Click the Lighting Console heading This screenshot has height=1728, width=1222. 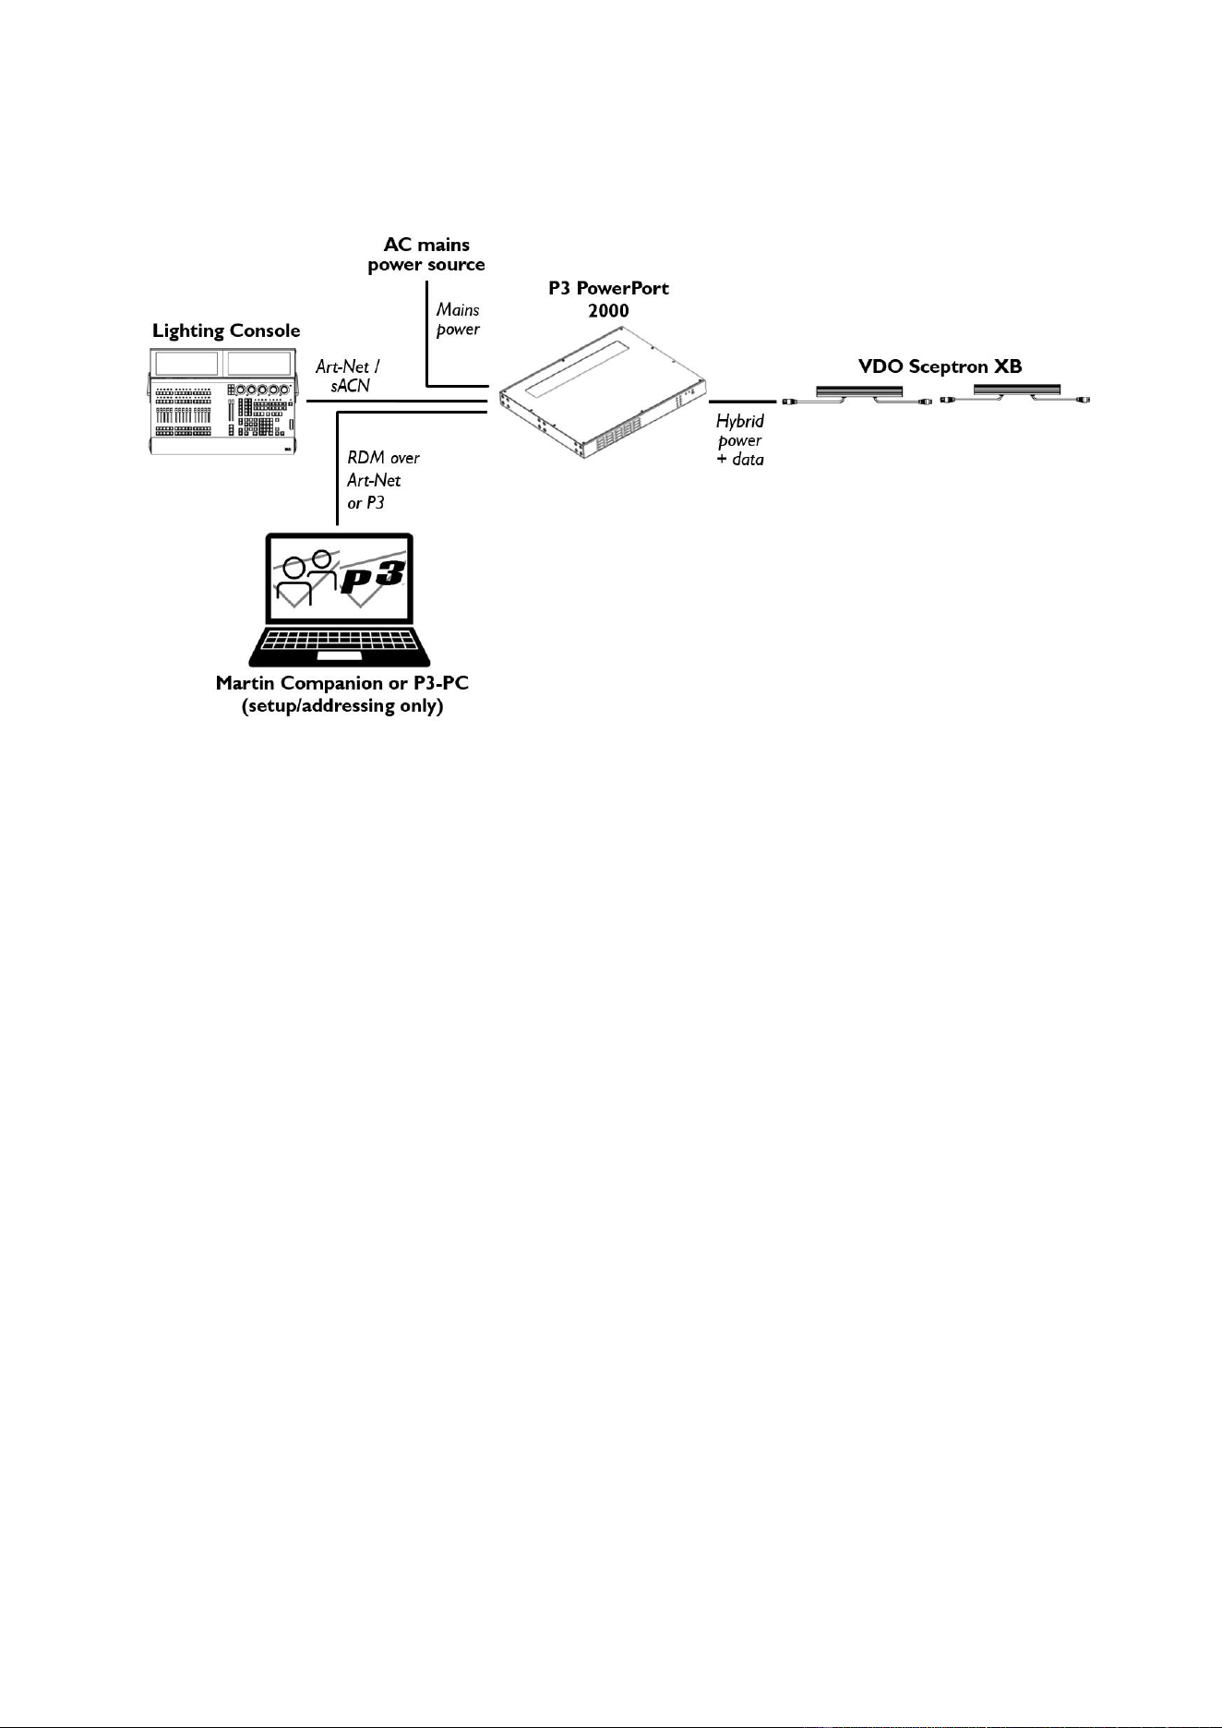tap(226, 330)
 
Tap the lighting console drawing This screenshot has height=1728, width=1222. tap(225, 402)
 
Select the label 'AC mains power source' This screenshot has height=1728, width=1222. tap(426, 255)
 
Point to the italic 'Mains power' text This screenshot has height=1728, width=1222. tap(458, 319)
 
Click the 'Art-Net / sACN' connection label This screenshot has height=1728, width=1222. tap(348, 377)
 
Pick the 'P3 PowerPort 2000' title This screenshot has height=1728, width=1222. tap(608, 299)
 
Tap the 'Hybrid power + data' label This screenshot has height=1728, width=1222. tap(740, 439)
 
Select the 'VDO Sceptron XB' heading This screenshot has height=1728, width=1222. tap(940, 366)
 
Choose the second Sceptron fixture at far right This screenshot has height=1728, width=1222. tap(1015, 394)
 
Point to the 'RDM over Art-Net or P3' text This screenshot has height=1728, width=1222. tap(383, 480)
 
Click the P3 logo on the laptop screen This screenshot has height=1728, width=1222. tap(374, 579)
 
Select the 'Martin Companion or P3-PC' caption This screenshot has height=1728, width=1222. tap(342, 683)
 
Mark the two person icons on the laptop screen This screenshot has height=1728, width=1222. tap(307, 578)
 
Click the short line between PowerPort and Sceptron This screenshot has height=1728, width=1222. tap(742, 402)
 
